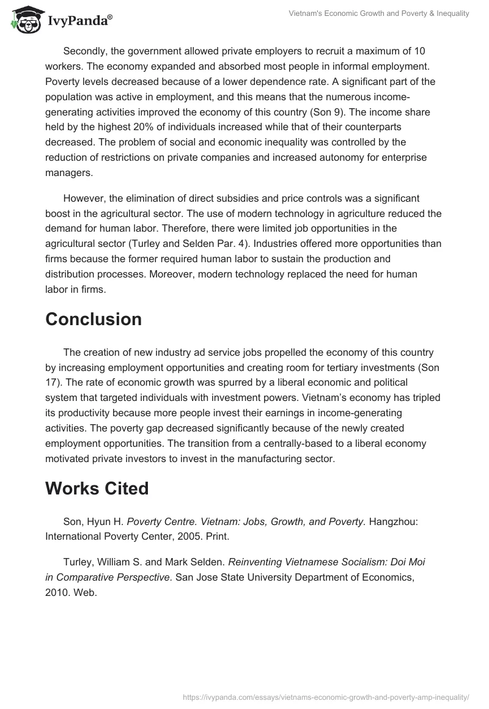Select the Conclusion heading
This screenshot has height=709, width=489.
pos(93,319)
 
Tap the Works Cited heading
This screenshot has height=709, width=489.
pos(97,488)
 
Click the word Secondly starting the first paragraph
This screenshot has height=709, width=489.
pos(86,51)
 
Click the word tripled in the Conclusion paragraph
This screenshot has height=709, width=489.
pos(422,397)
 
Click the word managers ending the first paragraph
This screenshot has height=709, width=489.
pos(68,172)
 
